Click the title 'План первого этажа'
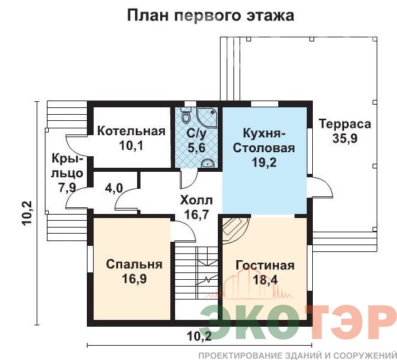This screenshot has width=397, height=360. click(210, 16)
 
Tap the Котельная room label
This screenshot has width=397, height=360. click(131, 131)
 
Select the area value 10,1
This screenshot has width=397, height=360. click(131, 145)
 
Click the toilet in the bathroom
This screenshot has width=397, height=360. click(186, 117)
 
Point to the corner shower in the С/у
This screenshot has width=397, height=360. click(208, 117)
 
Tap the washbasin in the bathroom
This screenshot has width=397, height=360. click(208, 163)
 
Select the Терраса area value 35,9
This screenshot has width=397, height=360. click(345, 139)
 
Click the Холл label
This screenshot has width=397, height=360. click(196, 200)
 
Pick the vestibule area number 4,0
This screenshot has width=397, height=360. click(114, 188)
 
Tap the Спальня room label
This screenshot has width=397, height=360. click(134, 264)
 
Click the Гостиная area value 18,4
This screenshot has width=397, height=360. click(265, 280)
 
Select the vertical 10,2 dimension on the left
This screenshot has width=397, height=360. click(27, 213)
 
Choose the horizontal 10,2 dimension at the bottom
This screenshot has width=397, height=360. click(200, 336)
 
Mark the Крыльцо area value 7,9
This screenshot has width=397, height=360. click(67, 187)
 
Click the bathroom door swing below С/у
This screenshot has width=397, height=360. click(189, 179)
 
